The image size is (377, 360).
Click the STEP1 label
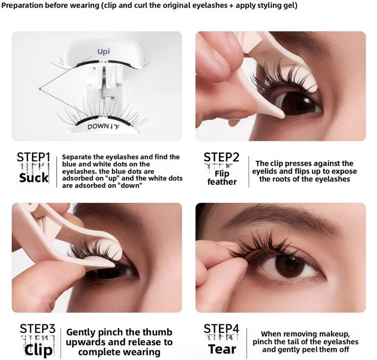33,157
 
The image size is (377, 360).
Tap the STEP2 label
221,157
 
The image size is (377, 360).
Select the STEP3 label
37,328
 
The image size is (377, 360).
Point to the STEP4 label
221,328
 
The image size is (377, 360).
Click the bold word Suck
33,178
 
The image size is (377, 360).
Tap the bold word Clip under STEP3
38,350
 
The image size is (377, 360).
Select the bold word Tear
222,350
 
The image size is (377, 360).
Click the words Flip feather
222,178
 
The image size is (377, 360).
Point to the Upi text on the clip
104,52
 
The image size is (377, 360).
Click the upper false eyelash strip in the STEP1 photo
102,63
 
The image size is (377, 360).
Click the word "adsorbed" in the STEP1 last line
86,186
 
